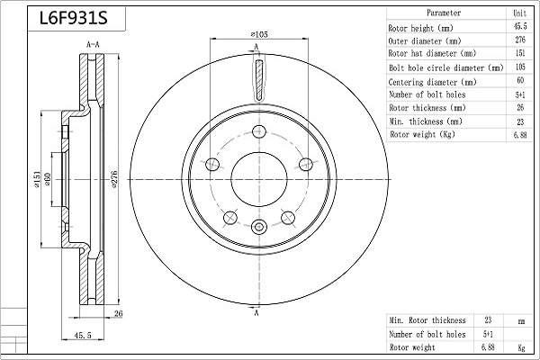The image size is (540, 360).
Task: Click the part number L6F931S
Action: click(x=74, y=18)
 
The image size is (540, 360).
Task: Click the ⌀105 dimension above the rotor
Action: click(x=259, y=34)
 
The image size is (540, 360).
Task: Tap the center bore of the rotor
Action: click(x=259, y=179)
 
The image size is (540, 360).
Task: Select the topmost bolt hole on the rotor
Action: click(x=259, y=131)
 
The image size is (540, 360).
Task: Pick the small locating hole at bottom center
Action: click(x=259, y=227)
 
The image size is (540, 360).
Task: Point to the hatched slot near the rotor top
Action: click(x=259, y=79)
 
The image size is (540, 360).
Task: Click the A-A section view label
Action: click(x=93, y=44)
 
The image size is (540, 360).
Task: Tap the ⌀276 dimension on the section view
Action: click(x=114, y=179)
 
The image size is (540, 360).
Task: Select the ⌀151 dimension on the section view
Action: click(x=37, y=179)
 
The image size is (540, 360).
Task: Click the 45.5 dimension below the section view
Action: click(x=83, y=335)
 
